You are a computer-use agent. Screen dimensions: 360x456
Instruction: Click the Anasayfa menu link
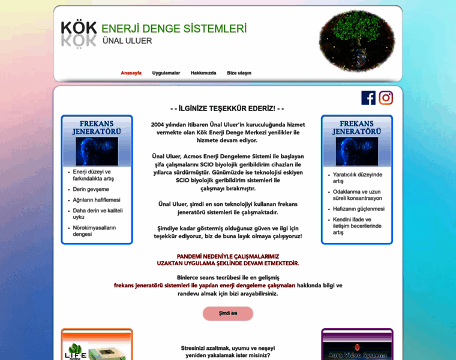click(x=131, y=73)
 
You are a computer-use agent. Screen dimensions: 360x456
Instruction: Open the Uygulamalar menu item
click(x=166, y=73)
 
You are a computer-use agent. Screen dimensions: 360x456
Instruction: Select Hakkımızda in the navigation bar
click(x=203, y=73)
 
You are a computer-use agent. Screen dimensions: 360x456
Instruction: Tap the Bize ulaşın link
click(x=239, y=73)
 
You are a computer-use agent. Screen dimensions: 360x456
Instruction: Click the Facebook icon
click(x=368, y=98)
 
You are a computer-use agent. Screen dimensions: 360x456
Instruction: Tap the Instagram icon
click(x=386, y=98)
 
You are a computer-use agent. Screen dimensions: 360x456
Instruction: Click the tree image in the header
click(x=357, y=41)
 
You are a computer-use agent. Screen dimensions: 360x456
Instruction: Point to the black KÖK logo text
click(x=79, y=28)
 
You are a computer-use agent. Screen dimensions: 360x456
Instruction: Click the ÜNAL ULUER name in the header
click(x=127, y=41)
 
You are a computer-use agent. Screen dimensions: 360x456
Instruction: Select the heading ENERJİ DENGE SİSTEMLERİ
click(x=174, y=28)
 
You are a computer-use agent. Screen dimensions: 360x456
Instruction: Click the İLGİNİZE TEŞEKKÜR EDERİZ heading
click(x=227, y=108)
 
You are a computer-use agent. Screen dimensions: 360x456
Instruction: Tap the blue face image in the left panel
click(x=97, y=151)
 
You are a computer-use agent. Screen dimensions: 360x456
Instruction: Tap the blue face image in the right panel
click(x=357, y=151)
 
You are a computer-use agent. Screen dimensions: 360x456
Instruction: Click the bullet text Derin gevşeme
click(x=91, y=189)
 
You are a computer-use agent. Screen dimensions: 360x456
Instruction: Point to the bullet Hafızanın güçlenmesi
click(x=359, y=209)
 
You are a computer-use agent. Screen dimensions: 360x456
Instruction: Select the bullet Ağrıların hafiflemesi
click(x=97, y=200)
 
